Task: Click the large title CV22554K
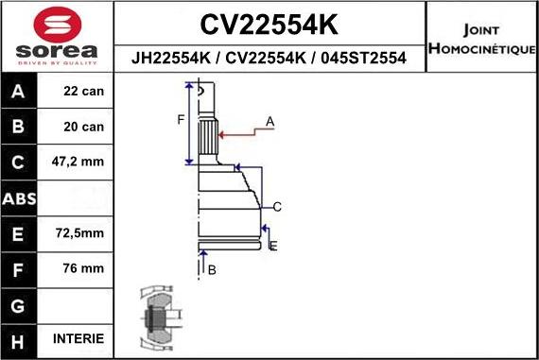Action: click(269, 23)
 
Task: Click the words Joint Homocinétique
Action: click(481, 39)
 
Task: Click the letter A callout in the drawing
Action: click(269, 121)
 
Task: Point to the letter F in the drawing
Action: click(181, 119)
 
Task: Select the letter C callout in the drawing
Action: click(277, 206)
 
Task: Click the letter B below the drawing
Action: click(212, 270)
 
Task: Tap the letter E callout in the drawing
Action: click(272, 246)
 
